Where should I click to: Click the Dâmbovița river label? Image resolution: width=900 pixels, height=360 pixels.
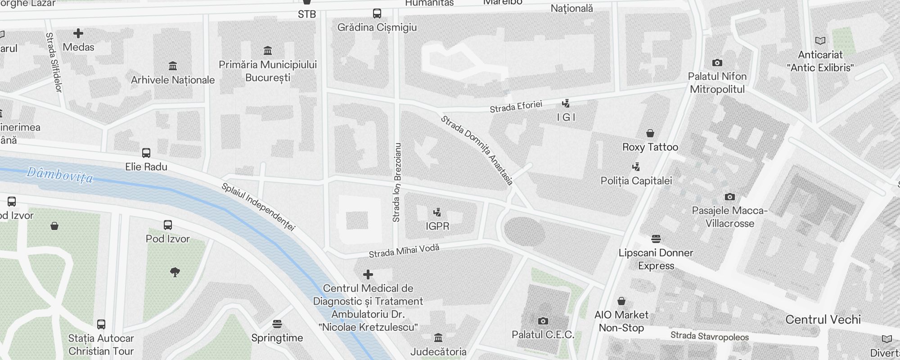click(x=60, y=175)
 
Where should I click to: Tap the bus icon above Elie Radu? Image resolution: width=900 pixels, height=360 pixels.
click(x=146, y=153)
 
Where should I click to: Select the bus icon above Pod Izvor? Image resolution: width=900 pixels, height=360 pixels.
click(x=168, y=225)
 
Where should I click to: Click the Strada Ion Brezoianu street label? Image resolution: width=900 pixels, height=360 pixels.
click(x=396, y=182)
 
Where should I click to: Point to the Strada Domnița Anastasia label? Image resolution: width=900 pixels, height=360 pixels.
click(x=477, y=150)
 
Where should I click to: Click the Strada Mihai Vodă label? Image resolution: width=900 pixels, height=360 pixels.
click(x=404, y=251)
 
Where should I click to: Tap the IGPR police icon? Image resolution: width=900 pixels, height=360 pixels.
click(x=437, y=212)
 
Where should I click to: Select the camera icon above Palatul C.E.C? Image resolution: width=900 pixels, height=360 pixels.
click(x=543, y=321)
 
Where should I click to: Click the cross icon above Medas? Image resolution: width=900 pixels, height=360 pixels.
click(x=78, y=33)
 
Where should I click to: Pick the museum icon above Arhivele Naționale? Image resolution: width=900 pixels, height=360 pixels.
click(x=173, y=66)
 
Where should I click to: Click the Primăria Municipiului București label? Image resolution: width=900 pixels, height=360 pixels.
click(x=268, y=71)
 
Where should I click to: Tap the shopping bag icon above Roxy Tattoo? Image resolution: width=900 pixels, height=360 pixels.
click(x=650, y=133)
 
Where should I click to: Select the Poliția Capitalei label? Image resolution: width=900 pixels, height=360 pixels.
click(x=636, y=181)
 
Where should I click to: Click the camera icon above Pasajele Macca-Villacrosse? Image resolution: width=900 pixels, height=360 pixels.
click(x=730, y=197)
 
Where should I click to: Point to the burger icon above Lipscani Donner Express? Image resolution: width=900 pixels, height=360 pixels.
click(x=656, y=238)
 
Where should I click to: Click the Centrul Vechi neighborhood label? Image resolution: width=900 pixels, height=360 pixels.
click(x=823, y=319)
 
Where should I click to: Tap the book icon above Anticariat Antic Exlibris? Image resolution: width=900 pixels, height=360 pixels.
click(x=820, y=41)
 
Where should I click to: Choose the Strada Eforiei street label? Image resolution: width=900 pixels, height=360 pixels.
click(x=516, y=107)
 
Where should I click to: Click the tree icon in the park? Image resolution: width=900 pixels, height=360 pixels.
click(x=175, y=272)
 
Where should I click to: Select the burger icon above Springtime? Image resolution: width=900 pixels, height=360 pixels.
click(x=277, y=324)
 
